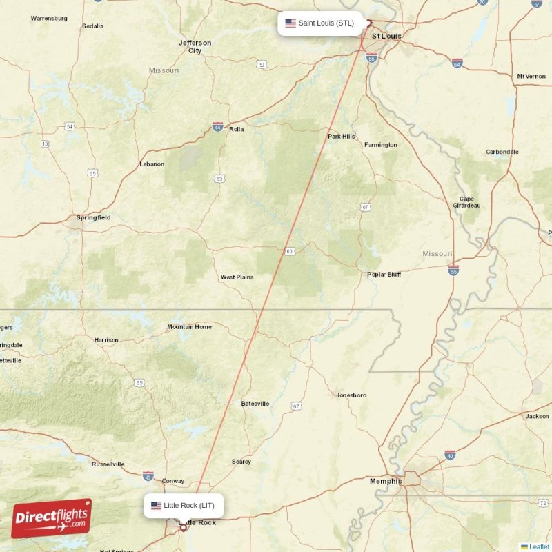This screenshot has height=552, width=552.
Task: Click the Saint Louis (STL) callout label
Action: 320,23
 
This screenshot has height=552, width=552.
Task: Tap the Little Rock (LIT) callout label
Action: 184,506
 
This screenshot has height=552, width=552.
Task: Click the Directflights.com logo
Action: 52,518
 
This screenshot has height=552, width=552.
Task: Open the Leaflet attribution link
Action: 538,546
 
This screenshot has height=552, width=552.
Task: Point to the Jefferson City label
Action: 195,46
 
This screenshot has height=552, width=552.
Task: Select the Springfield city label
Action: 93,217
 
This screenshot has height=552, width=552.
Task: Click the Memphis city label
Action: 386,481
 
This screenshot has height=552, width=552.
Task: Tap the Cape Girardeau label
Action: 467,201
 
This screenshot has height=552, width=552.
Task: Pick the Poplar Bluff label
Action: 384,274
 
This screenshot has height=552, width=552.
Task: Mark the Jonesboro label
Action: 351,395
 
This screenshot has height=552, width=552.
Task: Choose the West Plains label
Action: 237,277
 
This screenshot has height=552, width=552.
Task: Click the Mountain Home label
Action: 189,326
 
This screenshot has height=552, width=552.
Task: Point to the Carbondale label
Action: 502,152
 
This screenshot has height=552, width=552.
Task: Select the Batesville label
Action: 255,404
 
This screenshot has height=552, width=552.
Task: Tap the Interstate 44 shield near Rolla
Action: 218,127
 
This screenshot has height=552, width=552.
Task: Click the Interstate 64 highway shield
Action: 457,63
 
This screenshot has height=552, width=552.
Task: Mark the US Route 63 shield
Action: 219,178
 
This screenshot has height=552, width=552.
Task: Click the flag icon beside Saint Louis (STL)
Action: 290,23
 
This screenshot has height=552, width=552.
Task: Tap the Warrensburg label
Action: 49,18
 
